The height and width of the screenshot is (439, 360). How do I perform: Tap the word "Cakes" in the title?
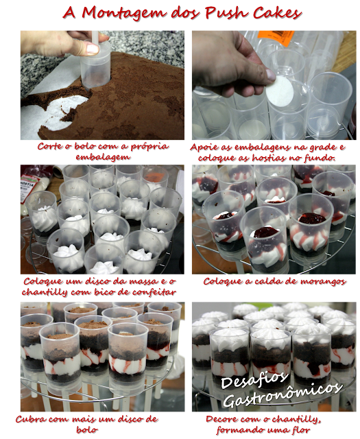pos(277,13)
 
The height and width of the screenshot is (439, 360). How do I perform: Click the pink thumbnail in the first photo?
pos(93,49)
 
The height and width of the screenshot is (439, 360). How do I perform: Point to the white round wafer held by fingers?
pos(280,90)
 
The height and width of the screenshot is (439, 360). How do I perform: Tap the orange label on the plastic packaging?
pos(276,38)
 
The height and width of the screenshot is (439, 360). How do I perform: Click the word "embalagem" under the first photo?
pos(103,157)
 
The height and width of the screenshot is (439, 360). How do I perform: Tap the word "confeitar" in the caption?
pos(154,292)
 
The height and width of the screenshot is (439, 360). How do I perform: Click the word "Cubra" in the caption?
pos(29,419)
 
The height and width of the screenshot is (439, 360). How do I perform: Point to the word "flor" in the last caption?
pos(301,430)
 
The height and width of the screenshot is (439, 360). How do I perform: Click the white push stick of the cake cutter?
pos(95,37)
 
